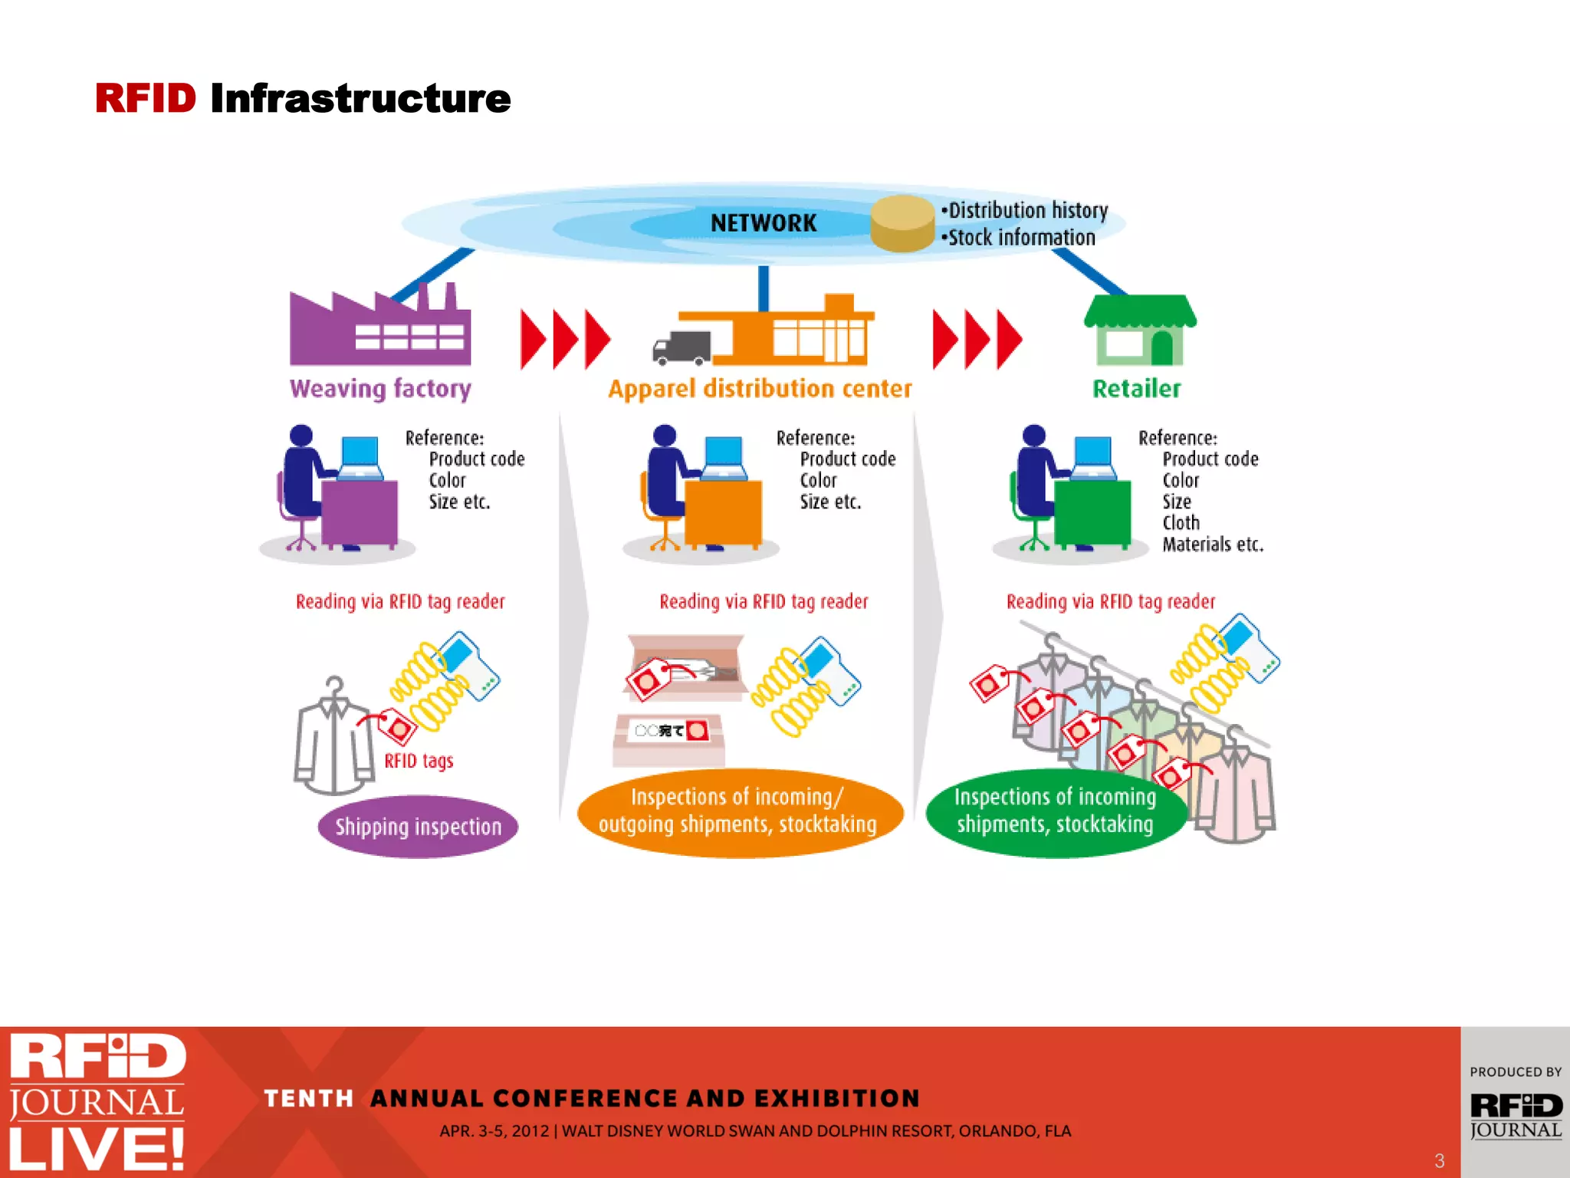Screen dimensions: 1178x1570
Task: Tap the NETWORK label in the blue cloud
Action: (x=764, y=223)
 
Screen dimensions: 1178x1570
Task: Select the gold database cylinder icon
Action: (x=902, y=223)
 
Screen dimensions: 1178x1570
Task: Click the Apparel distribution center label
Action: (x=760, y=389)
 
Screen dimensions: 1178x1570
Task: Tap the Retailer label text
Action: (x=1136, y=389)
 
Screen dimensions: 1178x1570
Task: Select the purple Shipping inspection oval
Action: (x=418, y=827)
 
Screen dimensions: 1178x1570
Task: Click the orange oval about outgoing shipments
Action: (x=738, y=811)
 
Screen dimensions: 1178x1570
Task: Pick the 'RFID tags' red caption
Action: (x=419, y=761)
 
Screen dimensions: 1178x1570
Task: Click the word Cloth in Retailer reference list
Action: (x=1181, y=523)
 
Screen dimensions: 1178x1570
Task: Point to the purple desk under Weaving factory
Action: (x=360, y=512)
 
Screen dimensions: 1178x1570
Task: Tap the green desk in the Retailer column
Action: (x=1092, y=512)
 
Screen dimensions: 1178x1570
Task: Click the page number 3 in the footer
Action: (x=1439, y=1160)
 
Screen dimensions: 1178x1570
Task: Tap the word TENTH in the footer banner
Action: (x=309, y=1098)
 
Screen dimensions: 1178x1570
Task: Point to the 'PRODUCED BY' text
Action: (x=1515, y=1072)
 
